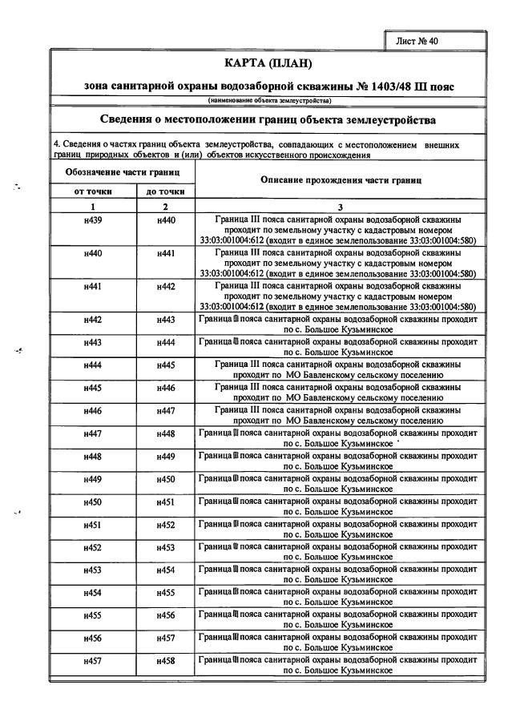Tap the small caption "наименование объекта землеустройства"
(269, 100)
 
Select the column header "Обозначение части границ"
(121, 172)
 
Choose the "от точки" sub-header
(92, 191)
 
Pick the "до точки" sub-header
(165, 191)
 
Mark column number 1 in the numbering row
(92, 205)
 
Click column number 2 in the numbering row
(165, 205)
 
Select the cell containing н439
(92, 219)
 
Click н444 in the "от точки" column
(92, 365)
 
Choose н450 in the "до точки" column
(165, 479)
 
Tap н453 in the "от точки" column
(92, 570)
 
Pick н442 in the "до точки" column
(165, 286)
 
